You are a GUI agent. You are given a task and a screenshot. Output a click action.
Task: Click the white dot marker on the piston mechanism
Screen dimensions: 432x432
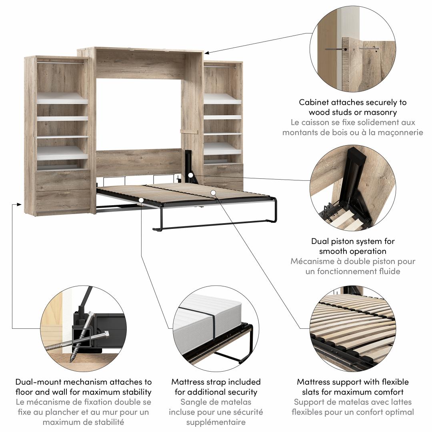click(190, 175)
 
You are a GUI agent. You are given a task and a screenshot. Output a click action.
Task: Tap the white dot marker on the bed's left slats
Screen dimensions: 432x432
click(141, 200)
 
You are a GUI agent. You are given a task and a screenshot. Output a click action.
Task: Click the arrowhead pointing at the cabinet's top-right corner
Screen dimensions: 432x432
click(207, 52)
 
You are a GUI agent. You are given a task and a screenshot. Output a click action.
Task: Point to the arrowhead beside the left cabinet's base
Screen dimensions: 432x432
click(19, 204)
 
